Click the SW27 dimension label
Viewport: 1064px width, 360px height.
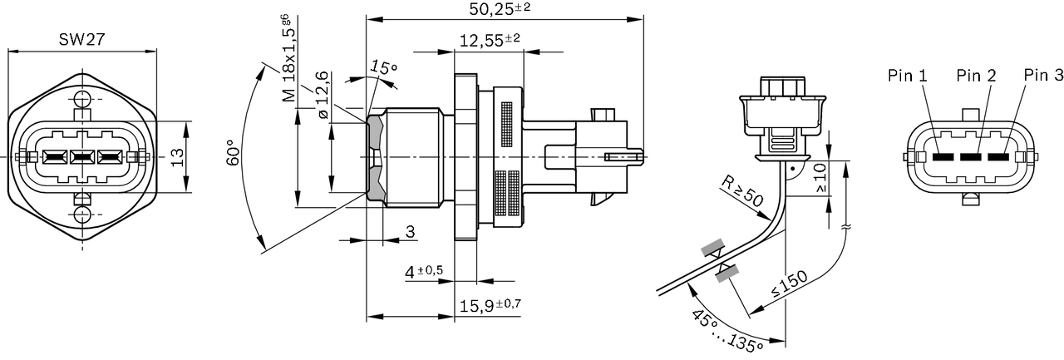[81, 39]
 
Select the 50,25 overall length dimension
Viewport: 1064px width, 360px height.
[500, 9]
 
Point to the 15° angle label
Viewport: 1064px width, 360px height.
[383, 67]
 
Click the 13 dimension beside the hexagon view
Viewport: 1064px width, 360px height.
[176, 157]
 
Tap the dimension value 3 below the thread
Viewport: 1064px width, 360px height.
[410, 232]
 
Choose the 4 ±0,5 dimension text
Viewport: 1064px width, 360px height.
[424, 272]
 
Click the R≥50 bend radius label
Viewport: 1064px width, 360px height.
[740, 192]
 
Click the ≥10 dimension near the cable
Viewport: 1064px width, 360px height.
[821, 176]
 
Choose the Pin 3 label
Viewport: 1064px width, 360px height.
[1043, 76]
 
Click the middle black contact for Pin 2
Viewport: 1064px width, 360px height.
[971, 157]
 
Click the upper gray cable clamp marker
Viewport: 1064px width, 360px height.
[712, 249]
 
